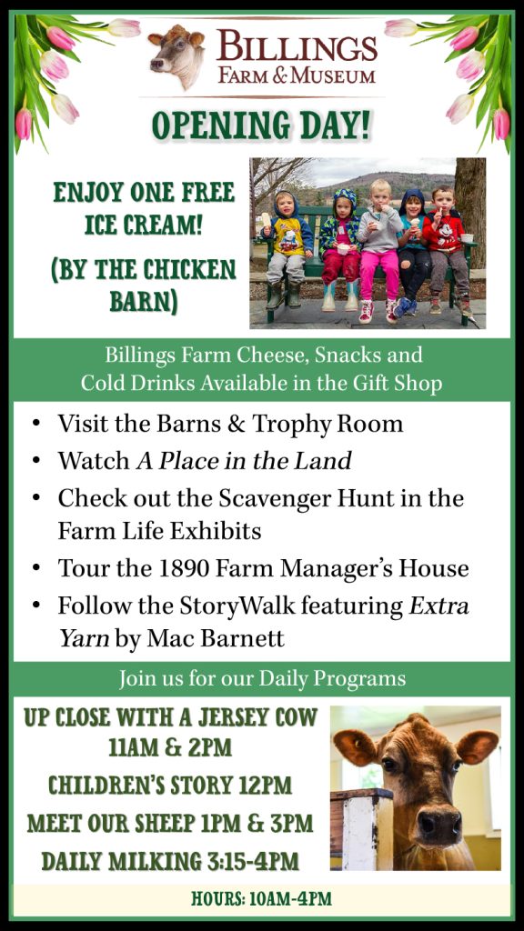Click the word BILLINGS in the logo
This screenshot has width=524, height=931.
297,45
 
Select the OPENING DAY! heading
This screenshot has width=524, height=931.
261,124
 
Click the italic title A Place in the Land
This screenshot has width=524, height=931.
244,460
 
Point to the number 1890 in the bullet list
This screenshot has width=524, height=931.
182,569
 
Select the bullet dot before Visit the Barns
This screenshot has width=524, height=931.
36,425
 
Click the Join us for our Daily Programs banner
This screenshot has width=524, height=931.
262,678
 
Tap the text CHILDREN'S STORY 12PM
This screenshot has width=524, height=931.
170,786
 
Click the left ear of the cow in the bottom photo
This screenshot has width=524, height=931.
356,746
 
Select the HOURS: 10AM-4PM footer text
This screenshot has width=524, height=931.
261,898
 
